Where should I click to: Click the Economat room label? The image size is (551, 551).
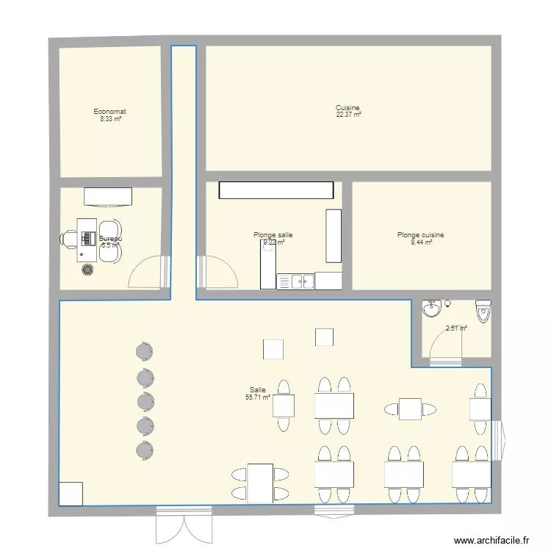(x=110, y=112)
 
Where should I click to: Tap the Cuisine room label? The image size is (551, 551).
(x=348, y=108)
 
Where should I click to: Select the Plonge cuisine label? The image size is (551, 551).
(x=420, y=235)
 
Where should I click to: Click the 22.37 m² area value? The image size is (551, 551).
(x=348, y=115)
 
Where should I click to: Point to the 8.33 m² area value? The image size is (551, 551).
(x=110, y=119)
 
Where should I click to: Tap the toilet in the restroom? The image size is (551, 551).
(x=483, y=311)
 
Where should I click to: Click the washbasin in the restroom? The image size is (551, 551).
(x=432, y=308)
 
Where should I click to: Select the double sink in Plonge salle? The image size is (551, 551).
(x=295, y=281)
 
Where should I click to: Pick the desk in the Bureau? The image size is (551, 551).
(x=87, y=238)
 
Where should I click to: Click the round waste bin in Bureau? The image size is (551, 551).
(x=88, y=270)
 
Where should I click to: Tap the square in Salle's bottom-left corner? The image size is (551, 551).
(x=71, y=494)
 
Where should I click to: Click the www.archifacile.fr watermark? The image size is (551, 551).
(x=492, y=540)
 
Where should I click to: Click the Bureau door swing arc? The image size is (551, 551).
(x=147, y=272)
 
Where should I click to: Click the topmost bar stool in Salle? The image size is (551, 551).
(x=144, y=353)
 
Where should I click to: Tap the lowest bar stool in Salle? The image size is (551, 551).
(x=144, y=449)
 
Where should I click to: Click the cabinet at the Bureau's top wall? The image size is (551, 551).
(x=108, y=196)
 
